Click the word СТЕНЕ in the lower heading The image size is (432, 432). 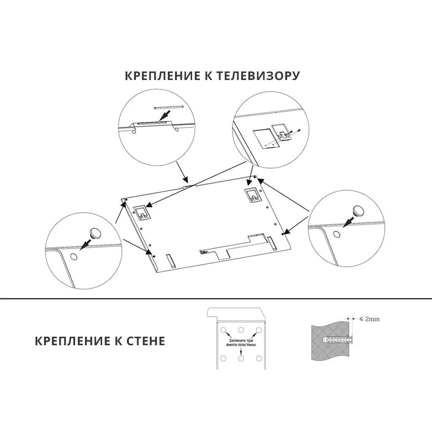click(x=146, y=341)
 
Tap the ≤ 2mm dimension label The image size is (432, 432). click(x=369, y=319)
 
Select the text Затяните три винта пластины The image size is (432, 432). click(x=241, y=343)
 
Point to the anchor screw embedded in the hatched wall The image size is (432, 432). click(x=337, y=339)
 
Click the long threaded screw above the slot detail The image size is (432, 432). click(x=169, y=107)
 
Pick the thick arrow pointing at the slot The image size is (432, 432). click(x=165, y=116)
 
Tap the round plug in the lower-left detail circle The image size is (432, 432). click(x=95, y=233)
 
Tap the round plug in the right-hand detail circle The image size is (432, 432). click(x=358, y=211)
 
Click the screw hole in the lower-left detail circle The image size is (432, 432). click(x=74, y=257)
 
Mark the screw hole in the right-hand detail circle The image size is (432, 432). click(x=337, y=235)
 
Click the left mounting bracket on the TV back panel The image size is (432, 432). click(x=142, y=213)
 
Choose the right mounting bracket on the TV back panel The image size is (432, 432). click(x=252, y=195)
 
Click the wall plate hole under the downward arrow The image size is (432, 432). click(x=241, y=358)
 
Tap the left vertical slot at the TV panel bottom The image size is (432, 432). click(x=170, y=261)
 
